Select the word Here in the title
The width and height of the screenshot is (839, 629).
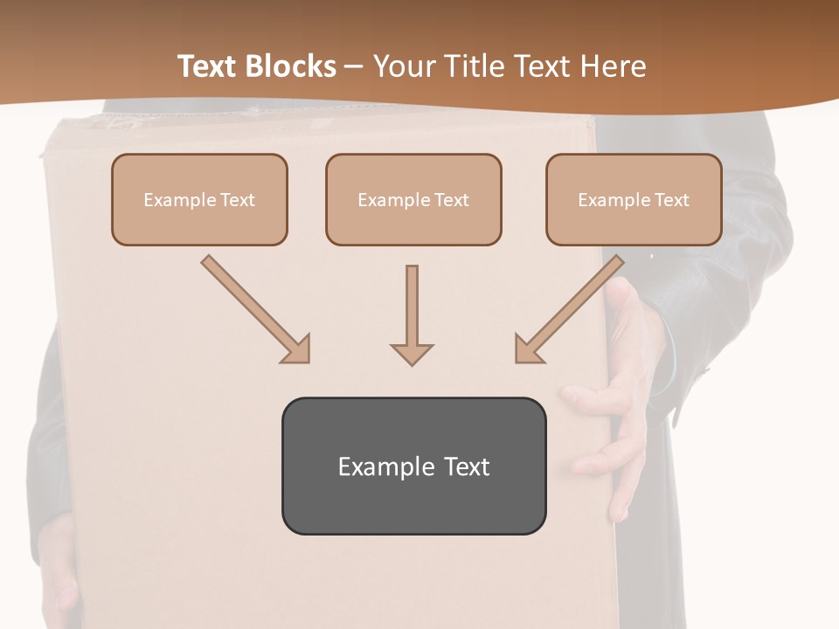(x=612, y=66)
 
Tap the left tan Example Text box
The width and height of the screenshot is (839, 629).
(x=199, y=200)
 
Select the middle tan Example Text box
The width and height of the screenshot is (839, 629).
(x=413, y=200)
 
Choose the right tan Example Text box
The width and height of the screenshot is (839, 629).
(x=634, y=200)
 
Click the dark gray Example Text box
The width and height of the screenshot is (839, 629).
(x=413, y=467)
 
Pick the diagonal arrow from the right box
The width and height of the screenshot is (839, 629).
(x=572, y=307)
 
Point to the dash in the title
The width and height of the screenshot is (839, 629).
(x=355, y=66)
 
